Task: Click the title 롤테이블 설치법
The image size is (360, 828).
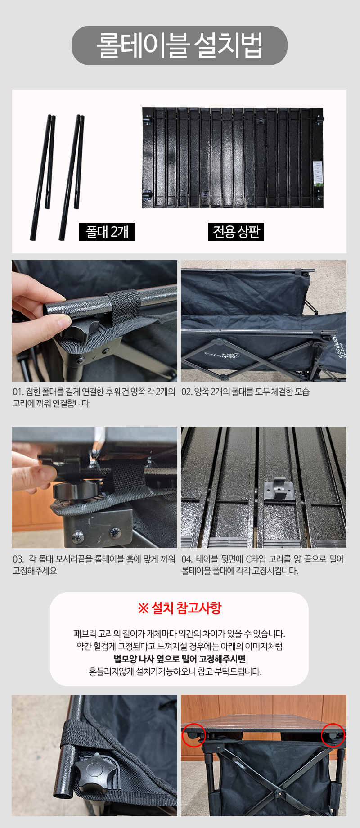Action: (180, 45)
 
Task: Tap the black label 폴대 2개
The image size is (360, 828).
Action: (107, 232)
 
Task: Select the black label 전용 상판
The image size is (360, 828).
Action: (236, 232)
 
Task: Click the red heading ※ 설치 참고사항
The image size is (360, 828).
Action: (180, 608)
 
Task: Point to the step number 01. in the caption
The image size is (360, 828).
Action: (18, 392)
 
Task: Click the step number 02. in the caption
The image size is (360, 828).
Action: (187, 392)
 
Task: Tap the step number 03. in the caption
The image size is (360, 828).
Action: (18, 559)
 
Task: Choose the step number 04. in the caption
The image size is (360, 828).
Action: (187, 559)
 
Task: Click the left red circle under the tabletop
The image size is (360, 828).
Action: (194, 735)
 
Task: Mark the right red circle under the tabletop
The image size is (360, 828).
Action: (333, 735)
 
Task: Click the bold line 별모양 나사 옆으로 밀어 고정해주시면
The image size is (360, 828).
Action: (180, 659)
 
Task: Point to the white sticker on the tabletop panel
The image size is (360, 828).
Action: (318, 173)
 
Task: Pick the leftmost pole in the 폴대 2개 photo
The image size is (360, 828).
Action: (40, 178)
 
